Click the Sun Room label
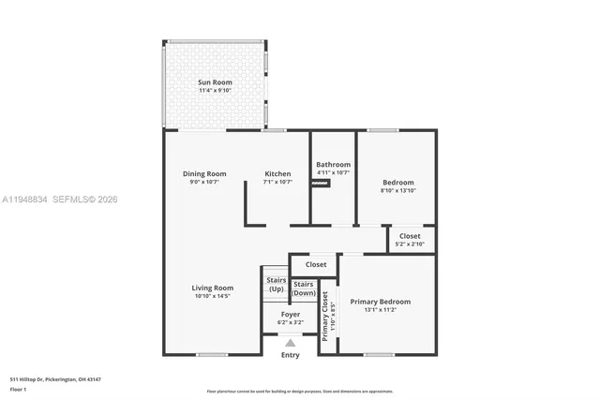click(215, 82)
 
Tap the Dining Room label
click(204, 173)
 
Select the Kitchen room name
click(277, 173)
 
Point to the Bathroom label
click(333, 164)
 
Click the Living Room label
click(213, 288)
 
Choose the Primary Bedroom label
click(380, 302)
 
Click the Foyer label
click(290, 314)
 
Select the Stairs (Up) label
click(276, 285)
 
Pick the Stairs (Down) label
click(303, 288)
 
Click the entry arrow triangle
click(291, 343)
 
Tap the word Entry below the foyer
click(291, 355)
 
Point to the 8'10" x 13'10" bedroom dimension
click(397, 191)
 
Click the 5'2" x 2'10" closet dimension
click(410, 244)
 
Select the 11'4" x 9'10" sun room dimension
click(215, 91)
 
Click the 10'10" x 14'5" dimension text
click(213, 296)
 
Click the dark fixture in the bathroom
click(322, 184)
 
